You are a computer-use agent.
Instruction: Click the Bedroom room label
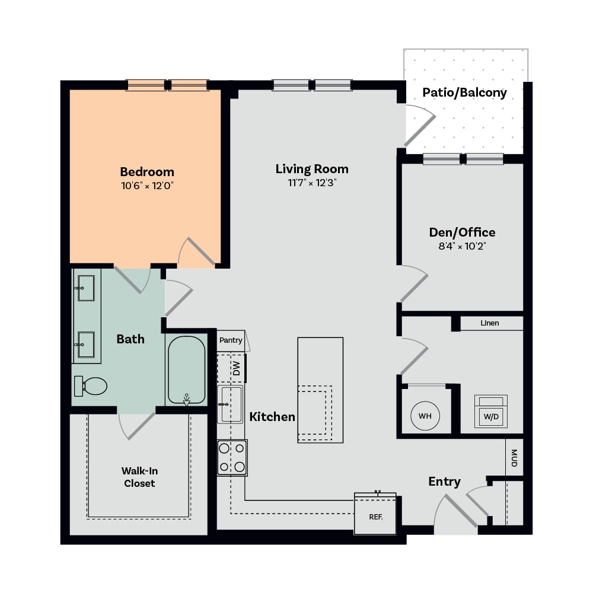tap(147, 172)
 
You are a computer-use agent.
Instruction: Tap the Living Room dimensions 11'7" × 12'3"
tap(312, 183)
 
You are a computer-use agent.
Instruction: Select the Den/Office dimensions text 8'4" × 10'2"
tap(462, 246)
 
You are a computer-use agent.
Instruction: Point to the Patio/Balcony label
tap(464, 93)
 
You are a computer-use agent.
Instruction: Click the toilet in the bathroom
tap(91, 386)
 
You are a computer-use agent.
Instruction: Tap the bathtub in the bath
tap(186, 370)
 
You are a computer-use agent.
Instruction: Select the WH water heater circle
tap(425, 416)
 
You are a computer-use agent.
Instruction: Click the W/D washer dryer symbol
tap(491, 412)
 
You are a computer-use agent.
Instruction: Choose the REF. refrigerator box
tap(375, 514)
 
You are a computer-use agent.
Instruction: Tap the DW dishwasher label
tap(237, 368)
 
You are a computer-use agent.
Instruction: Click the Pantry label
tap(231, 340)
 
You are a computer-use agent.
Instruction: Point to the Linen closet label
tap(490, 323)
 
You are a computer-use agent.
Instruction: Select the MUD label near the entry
tap(514, 458)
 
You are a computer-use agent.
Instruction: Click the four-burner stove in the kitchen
tap(232, 458)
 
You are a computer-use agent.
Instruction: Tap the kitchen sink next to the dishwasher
tap(230, 404)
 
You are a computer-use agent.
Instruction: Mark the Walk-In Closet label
tap(139, 477)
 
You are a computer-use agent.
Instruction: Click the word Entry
tap(444, 482)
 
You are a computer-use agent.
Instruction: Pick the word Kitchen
tap(272, 417)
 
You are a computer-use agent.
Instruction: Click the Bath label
tap(130, 339)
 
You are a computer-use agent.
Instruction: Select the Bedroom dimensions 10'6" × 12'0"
tap(147, 186)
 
